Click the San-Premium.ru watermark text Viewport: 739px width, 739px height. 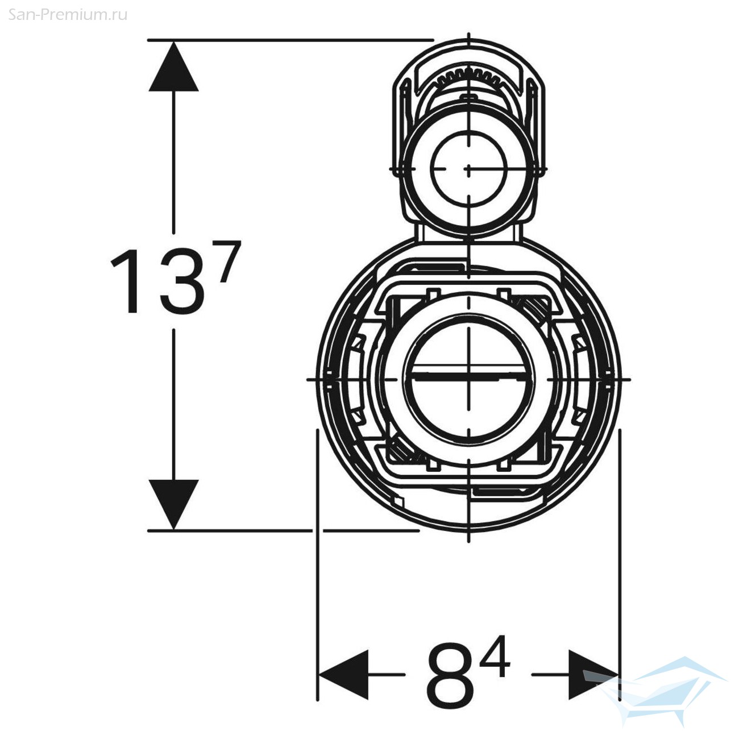68,15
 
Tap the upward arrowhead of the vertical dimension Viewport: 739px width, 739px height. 174,67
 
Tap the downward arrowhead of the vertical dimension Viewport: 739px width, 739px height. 174,504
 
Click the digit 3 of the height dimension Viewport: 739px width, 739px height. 182,281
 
